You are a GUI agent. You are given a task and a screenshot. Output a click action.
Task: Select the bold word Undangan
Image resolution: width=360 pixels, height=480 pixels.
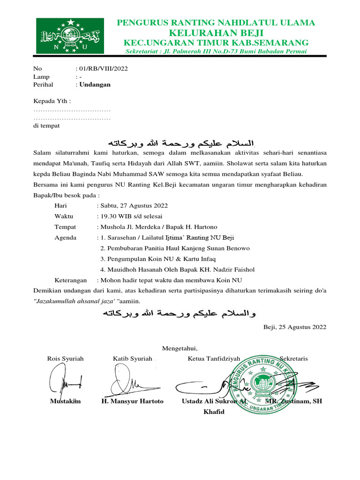point(95,85)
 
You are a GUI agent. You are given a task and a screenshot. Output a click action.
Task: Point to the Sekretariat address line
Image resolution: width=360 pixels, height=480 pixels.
point(216,51)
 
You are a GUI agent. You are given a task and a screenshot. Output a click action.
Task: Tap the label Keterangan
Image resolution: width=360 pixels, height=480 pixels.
point(71,280)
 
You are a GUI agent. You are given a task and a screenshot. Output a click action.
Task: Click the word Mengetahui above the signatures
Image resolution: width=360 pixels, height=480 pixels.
point(180,348)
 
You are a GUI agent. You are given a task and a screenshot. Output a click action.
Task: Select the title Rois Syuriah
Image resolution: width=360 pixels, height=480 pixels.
point(66,359)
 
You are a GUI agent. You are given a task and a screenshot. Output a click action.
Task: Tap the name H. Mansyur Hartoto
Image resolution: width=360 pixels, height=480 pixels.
point(133,402)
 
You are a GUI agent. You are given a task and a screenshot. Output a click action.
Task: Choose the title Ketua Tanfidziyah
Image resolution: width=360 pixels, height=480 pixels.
point(214,359)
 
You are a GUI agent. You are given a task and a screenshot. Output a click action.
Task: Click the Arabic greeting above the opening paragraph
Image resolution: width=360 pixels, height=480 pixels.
point(180,142)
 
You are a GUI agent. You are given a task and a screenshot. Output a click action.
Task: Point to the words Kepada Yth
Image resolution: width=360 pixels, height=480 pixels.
point(52,101)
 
